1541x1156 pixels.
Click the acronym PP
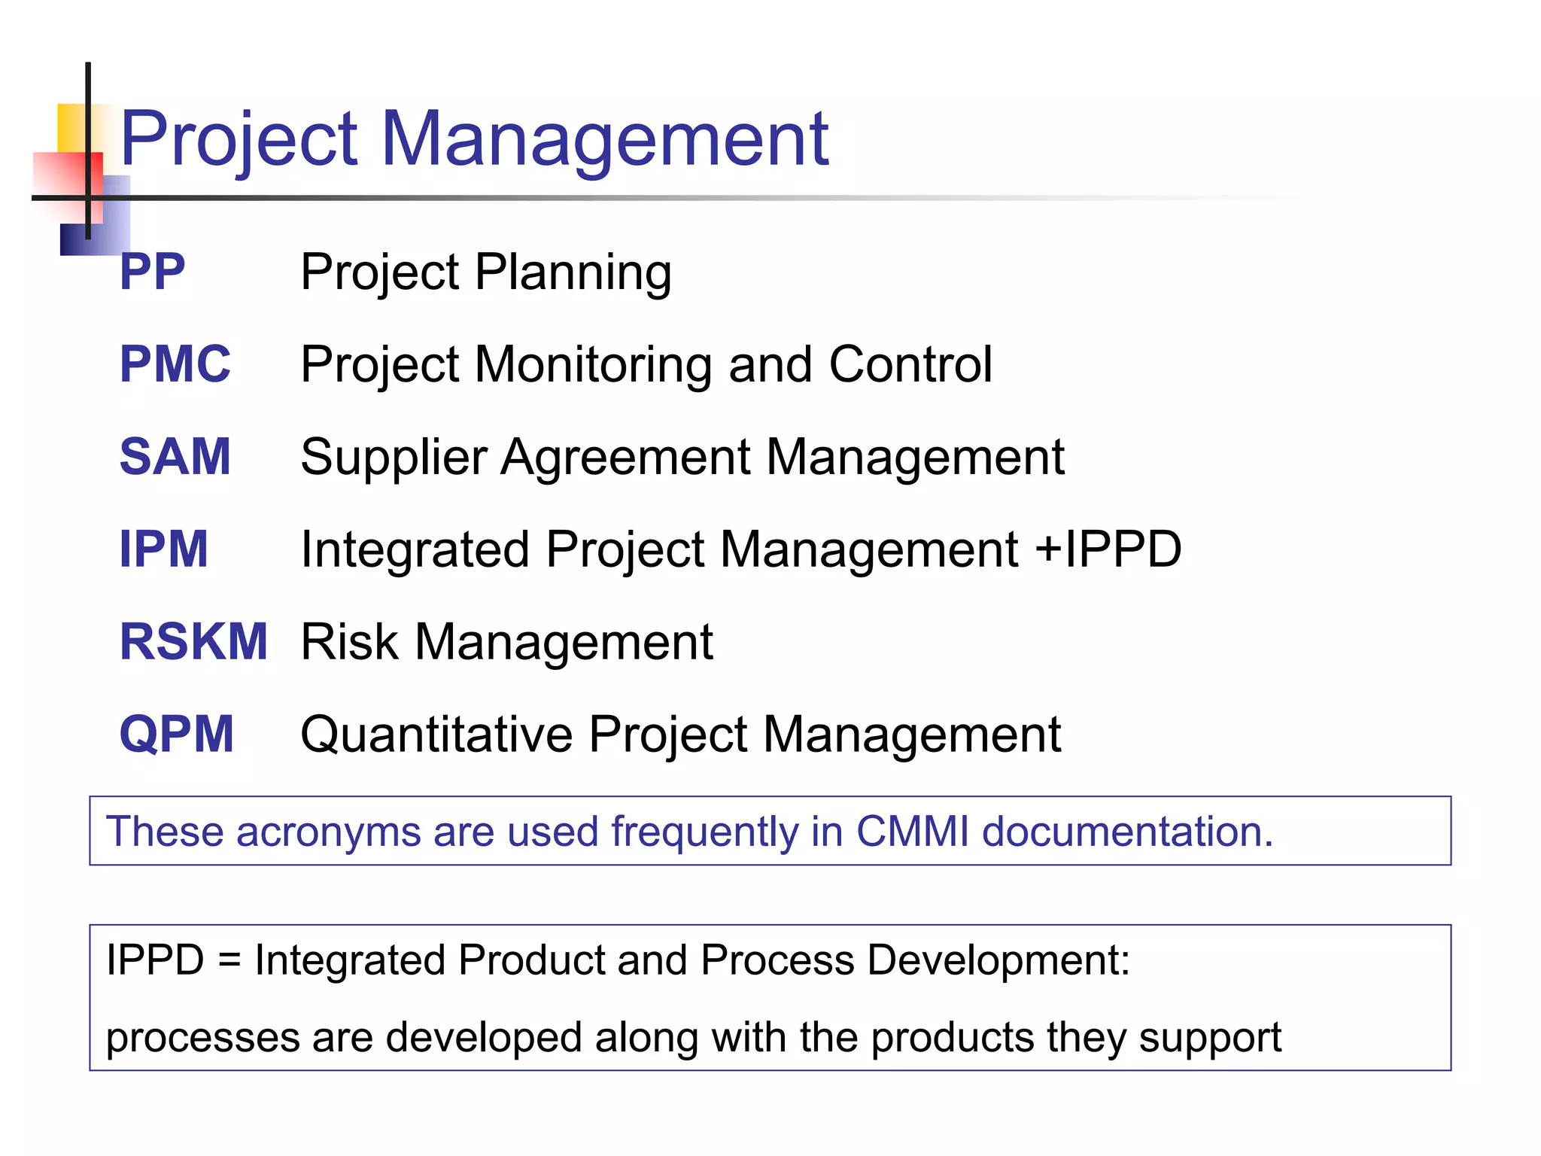152,272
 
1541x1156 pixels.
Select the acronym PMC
175,364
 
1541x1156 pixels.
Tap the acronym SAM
175,457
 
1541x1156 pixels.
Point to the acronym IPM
163,549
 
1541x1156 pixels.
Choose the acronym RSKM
193,642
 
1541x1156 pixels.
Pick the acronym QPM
177,735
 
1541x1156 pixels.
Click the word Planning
573,273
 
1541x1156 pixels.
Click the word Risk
349,642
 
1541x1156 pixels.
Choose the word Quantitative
436,735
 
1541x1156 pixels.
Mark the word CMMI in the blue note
912,832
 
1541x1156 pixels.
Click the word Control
910,364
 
